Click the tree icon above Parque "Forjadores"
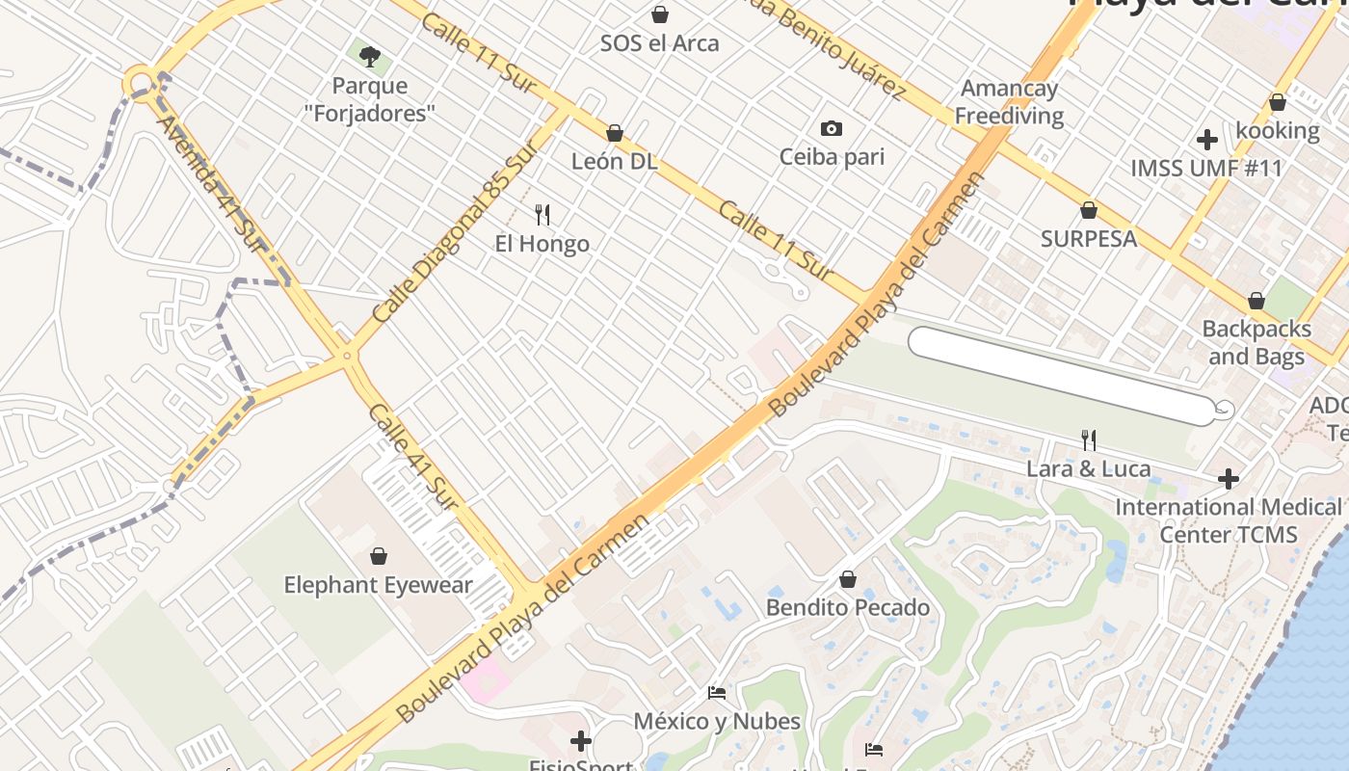(369, 56)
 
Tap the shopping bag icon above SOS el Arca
(660, 14)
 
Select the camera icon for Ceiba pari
(831, 128)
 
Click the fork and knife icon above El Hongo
(542, 215)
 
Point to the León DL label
(614, 161)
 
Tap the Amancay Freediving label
(1010, 102)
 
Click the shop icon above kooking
(1278, 102)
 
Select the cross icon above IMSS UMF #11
(1206, 140)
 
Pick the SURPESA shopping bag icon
(1089, 210)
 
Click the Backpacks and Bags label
(1256, 342)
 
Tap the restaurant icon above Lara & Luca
(1089, 440)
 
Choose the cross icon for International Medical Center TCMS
(1228, 478)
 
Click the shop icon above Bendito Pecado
(848, 579)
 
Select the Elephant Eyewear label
(378, 585)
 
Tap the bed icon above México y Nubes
(716, 692)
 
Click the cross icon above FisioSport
(580, 741)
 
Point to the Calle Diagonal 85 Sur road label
(453, 236)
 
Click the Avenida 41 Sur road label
(209, 183)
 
